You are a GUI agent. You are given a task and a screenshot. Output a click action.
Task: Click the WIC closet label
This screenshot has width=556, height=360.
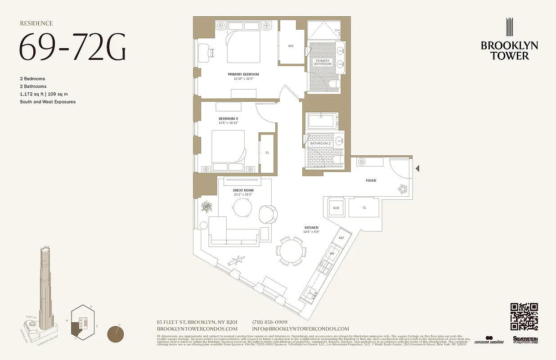coord(291,46)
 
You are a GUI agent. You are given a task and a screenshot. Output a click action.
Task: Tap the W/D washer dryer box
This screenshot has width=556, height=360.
coord(336,208)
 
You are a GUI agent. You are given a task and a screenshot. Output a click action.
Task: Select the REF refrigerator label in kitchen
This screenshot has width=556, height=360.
coord(341,238)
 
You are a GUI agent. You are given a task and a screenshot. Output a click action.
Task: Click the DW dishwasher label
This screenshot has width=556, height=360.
coord(332,254)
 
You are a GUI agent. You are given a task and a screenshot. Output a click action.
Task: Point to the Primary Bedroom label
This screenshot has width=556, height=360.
coord(243,74)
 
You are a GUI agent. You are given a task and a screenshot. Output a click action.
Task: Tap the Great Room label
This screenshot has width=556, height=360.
coord(243,190)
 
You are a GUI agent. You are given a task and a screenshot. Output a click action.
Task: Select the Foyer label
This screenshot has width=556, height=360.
coord(371,180)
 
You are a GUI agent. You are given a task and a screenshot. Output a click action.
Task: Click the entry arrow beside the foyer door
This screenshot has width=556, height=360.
coord(417,169)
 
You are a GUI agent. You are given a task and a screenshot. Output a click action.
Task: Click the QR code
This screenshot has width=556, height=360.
coord(524,317)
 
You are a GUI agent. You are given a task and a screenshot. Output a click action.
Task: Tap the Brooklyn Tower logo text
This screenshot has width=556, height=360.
coord(509,50)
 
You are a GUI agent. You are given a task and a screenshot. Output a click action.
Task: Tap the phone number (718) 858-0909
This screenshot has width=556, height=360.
coord(269,322)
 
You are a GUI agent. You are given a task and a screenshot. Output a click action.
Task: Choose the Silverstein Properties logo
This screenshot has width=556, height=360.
coord(525,340)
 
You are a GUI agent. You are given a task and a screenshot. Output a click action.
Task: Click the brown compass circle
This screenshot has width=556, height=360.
coord(117,335)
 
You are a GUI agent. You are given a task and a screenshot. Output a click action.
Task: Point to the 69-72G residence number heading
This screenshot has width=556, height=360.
coord(72,47)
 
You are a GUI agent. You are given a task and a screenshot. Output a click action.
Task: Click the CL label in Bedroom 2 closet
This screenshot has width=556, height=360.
coord(267,153)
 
